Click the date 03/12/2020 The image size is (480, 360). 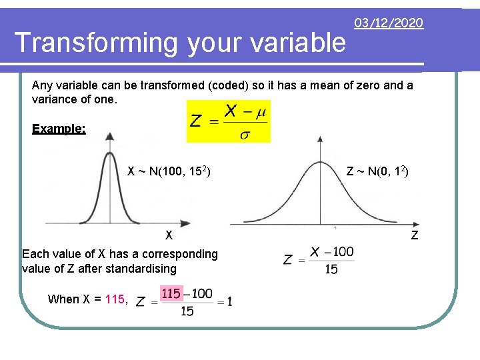pos(388,23)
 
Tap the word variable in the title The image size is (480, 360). pos(301,43)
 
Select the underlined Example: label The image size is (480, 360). pos(59,129)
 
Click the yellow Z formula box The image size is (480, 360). pos(229,121)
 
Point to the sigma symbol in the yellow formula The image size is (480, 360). pos(245,135)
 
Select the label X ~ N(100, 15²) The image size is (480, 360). pos(169,172)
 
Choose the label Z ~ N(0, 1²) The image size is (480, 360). pos(377,172)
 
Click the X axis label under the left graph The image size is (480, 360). pos(169,235)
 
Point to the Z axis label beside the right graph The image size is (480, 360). pos(415,235)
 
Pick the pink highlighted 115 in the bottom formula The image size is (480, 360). pos(171,293)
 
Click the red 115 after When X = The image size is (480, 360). pos(115,299)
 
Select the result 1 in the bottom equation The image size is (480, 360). pos(229,302)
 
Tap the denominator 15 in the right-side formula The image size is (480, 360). pos(331,269)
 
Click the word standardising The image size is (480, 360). pos(143,269)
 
